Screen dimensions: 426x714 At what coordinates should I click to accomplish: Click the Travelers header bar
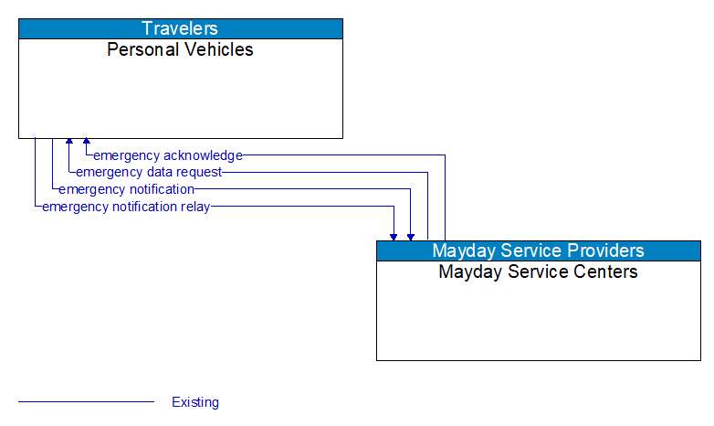point(181,28)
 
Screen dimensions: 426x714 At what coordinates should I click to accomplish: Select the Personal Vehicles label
point(181,49)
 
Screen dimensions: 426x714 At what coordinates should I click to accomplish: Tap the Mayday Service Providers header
point(538,250)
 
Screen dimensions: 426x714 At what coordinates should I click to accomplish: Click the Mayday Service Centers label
point(538,272)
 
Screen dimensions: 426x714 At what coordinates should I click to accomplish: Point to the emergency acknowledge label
point(168,155)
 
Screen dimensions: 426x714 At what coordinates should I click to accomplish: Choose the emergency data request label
point(149,172)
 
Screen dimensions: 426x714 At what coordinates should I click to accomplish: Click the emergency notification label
point(126,189)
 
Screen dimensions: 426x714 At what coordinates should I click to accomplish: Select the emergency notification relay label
point(126,207)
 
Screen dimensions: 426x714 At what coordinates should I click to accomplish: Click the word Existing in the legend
point(195,402)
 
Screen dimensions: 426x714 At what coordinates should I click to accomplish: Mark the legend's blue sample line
point(86,401)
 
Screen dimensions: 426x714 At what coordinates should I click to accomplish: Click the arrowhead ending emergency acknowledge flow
point(87,142)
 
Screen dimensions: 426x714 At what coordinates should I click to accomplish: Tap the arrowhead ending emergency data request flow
point(69,142)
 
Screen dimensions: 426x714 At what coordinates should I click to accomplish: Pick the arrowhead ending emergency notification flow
point(411,236)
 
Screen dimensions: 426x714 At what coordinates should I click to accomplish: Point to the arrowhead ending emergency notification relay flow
point(394,236)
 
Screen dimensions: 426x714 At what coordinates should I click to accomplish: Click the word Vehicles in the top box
point(219,49)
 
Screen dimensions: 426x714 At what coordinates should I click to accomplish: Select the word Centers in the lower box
point(603,272)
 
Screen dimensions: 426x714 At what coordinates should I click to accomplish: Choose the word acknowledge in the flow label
point(204,155)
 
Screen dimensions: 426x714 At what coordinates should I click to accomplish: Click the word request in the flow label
point(199,172)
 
